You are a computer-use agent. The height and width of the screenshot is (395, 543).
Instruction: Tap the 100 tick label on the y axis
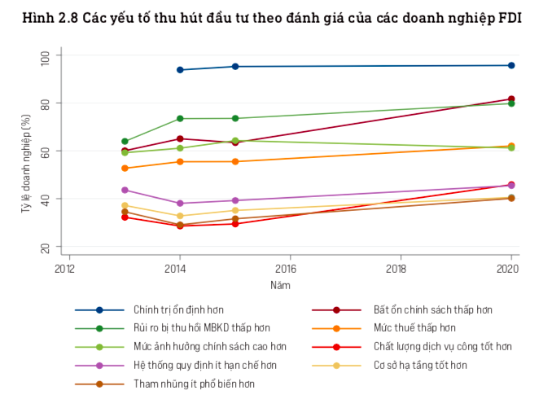point(44,56)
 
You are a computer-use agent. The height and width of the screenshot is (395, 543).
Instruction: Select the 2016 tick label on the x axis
point(286,268)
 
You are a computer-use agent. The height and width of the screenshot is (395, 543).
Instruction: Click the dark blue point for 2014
point(180,70)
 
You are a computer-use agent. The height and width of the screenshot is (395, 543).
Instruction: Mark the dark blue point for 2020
point(511,65)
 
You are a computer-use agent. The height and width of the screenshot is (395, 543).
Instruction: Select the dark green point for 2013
point(125,142)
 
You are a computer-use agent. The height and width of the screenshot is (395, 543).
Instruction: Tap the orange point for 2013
point(125,169)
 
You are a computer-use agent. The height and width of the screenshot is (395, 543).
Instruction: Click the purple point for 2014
point(180,204)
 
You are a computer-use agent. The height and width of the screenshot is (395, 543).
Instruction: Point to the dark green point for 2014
point(180,119)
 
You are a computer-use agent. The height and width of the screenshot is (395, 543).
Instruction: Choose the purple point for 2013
point(125,191)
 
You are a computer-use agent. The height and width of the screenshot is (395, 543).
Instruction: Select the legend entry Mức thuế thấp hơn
point(414,328)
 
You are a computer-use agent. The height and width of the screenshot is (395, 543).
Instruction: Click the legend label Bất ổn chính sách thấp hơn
point(432,310)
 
